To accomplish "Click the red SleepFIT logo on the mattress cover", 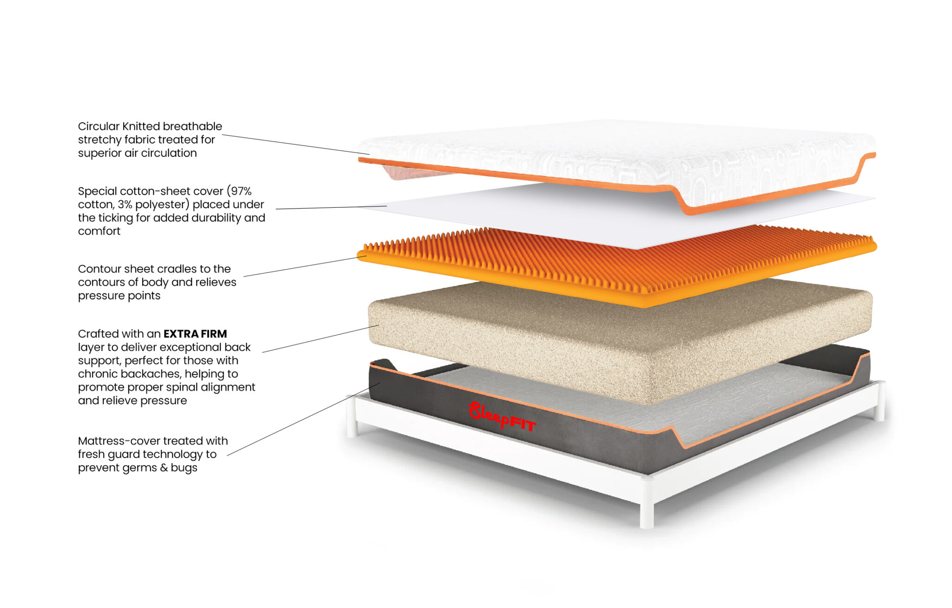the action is [502, 416].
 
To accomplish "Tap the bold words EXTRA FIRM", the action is [195, 334].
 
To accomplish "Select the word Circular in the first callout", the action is [99, 126].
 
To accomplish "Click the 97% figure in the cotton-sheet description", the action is [241, 191].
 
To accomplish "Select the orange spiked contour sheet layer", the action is [617, 266].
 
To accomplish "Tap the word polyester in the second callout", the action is [162, 205].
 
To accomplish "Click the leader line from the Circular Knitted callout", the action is [296, 145].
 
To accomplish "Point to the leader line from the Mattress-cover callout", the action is [304, 419].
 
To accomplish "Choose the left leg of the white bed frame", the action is [352, 416].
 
